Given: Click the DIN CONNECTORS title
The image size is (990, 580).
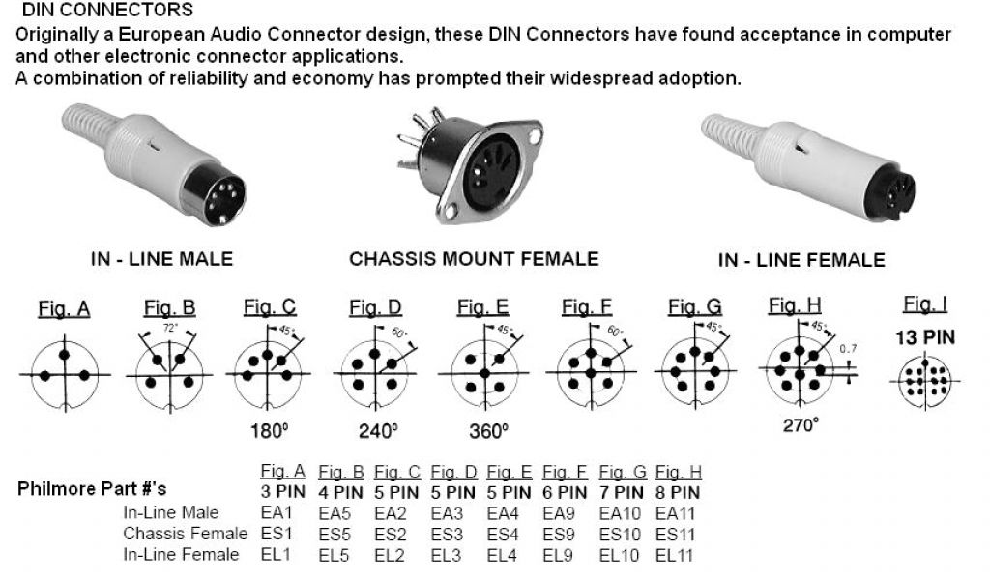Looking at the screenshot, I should (106, 11).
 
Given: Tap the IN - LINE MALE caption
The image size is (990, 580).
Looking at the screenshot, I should (161, 259).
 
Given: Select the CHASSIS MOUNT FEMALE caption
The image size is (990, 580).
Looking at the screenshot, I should (474, 259).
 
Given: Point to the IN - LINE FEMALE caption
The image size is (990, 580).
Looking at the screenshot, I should (801, 260).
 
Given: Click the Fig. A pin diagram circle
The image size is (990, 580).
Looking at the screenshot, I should (64, 374).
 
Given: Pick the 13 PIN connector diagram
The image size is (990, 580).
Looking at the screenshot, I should (924, 380).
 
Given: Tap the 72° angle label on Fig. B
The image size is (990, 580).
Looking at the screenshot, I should (169, 329).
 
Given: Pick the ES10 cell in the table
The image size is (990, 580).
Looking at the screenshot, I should (619, 534).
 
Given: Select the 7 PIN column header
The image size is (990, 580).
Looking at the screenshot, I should (621, 491).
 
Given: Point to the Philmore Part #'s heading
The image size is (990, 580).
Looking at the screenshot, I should (92, 489).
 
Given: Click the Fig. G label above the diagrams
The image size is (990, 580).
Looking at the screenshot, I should (694, 308).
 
